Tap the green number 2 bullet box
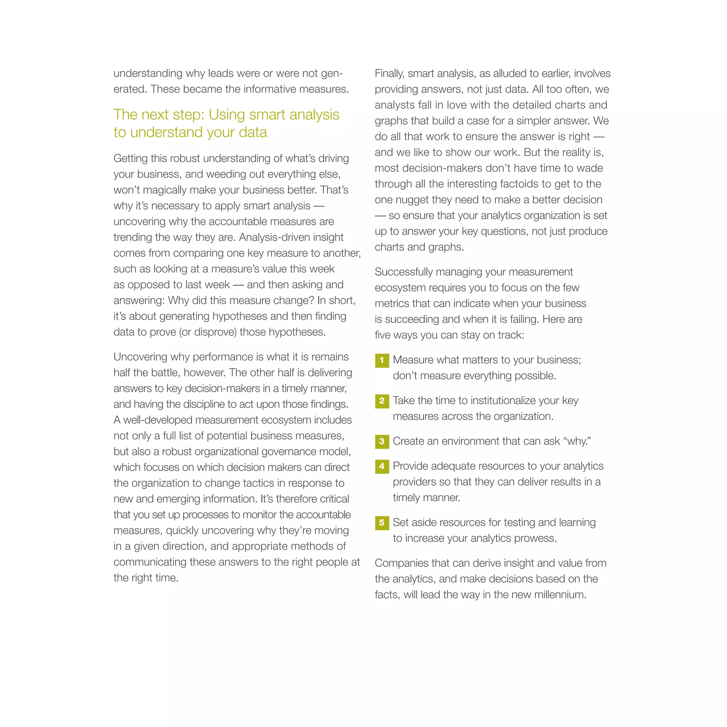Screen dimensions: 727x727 point(382,401)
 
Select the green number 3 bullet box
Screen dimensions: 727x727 point(382,441)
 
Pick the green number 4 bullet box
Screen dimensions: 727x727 point(382,466)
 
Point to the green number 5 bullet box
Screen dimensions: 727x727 point(382,523)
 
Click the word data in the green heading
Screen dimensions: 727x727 point(250,132)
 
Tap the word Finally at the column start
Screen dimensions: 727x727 point(389,74)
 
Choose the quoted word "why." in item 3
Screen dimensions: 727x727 point(576,441)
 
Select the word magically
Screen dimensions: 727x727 point(159,190)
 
